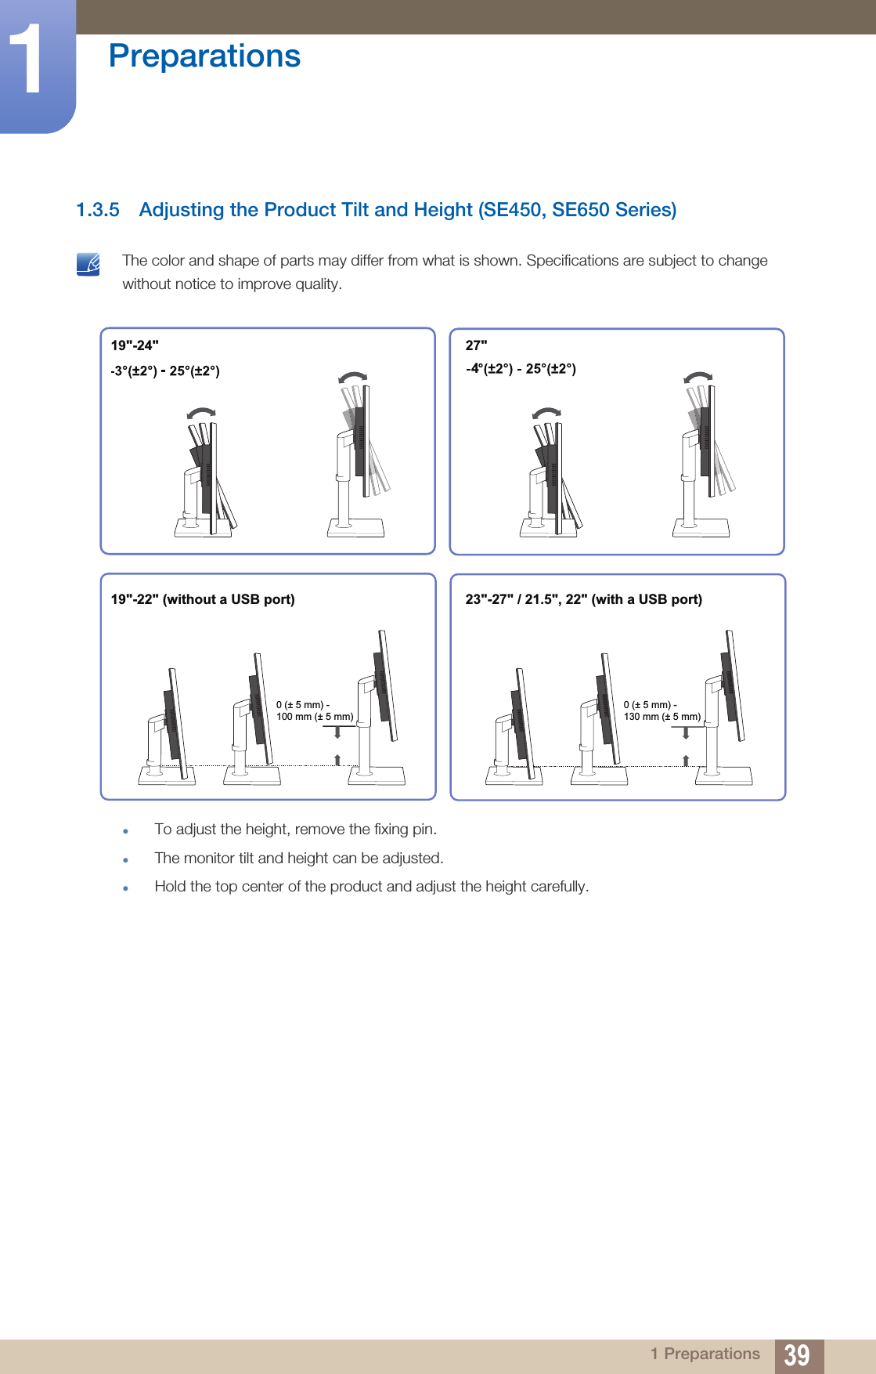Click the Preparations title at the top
click(x=204, y=56)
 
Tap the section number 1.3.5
click(x=97, y=210)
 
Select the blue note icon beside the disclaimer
click(x=88, y=264)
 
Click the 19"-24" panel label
click(x=135, y=345)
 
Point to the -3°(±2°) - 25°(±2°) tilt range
click(x=165, y=371)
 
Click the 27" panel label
click(x=476, y=345)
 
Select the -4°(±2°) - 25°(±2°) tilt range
click(x=521, y=369)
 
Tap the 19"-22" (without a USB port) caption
click(x=203, y=599)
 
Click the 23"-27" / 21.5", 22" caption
click(x=583, y=599)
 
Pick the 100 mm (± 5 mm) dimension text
click(x=315, y=717)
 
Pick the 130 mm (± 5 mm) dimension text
click(x=662, y=717)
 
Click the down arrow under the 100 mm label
click(x=337, y=732)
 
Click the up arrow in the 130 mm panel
click(x=686, y=760)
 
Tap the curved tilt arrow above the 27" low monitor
click(x=546, y=413)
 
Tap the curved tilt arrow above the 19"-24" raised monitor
click(x=353, y=378)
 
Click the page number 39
click(x=797, y=1354)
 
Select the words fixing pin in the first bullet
click(x=404, y=829)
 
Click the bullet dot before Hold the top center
click(x=125, y=888)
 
